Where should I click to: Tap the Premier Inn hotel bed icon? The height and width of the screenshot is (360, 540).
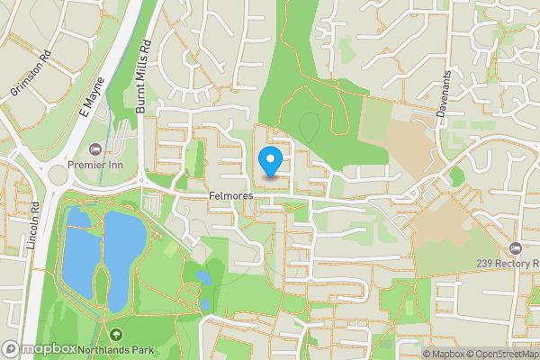coord(96,148)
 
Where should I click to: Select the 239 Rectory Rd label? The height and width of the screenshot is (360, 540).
coord(508,264)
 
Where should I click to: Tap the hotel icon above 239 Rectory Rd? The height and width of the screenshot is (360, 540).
coord(516,247)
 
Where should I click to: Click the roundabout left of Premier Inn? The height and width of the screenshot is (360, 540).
coord(60,173)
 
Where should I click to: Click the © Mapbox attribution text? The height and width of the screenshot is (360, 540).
coord(437,354)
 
